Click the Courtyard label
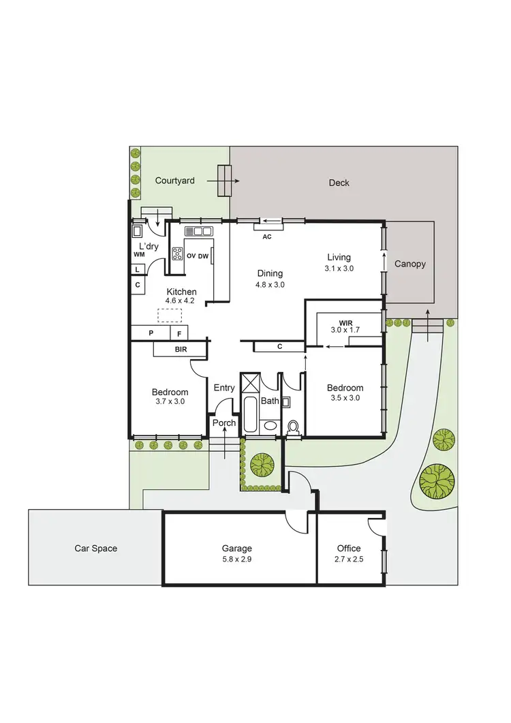coord(174,181)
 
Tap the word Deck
coord(339,183)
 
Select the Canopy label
coord(410,264)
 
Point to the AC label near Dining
coord(267,236)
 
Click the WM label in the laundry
coord(139,254)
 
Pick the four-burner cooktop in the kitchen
coord(177,254)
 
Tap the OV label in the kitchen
coord(191,256)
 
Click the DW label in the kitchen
coord(203,256)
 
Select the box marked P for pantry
coord(150,333)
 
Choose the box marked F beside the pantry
coord(180,333)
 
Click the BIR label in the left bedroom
coord(180,350)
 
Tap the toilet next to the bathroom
coord(294,427)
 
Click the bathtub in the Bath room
coord(250,414)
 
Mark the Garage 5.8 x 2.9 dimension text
coord(236,559)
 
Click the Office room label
coord(349,548)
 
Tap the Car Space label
coord(95,549)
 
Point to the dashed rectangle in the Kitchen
coord(170,315)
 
